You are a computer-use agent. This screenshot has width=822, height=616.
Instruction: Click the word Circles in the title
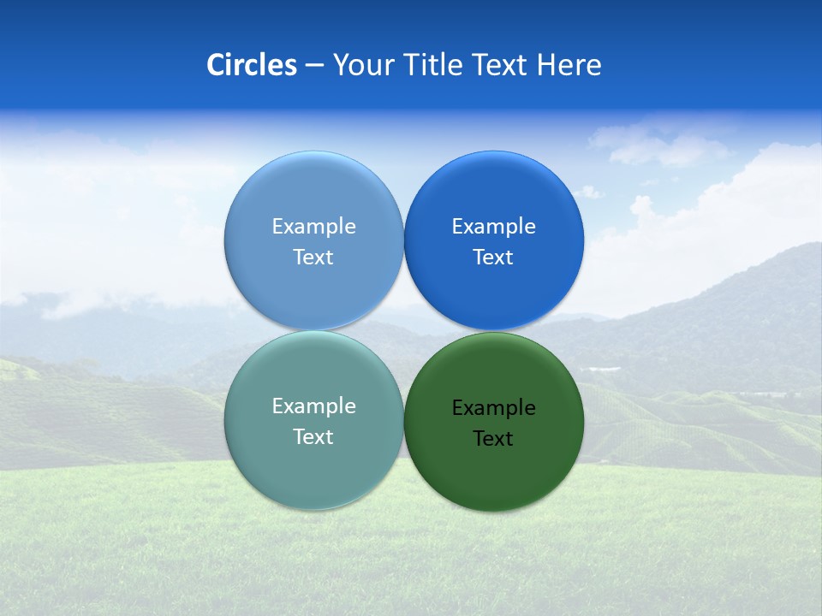pyautogui.click(x=252, y=65)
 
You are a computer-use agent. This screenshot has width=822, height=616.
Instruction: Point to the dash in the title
pyautogui.click(x=314, y=66)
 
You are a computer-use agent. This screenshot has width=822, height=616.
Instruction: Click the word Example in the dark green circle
pyautogui.click(x=493, y=408)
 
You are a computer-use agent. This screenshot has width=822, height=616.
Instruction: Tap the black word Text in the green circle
pyautogui.click(x=493, y=439)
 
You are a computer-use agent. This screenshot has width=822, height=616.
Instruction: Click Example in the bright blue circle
pyautogui.click(x=493, y=227)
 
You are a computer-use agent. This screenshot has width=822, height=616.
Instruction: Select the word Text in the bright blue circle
pyautogui.click(x=493, y=258)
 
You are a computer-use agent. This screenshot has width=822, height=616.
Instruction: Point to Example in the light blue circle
pyautogui.click(x=313, y=227)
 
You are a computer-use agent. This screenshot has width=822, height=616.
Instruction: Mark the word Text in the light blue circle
pyautogui.click(x=313, y=258)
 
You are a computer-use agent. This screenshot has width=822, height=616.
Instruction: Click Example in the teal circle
pyautogui.click(x=313, y=406)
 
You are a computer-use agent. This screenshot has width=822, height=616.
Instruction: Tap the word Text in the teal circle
pyautogui.click(x=313, y=437)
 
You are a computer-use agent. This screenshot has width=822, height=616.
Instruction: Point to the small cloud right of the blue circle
pyautogui.click(x=588, y=192)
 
